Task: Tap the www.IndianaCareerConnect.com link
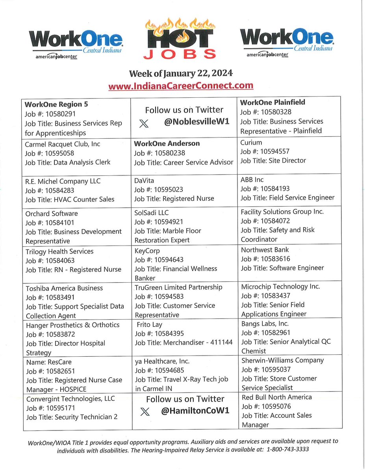181,86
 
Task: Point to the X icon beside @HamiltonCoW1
145,411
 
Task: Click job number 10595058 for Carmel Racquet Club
50,153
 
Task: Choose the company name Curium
251,142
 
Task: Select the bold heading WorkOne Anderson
167,143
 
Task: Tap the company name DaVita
145,180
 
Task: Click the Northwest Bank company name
265,250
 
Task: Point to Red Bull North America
276,397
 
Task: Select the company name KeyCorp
147,250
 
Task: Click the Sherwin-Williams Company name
282,360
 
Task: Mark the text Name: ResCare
49,362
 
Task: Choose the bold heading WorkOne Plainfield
272,102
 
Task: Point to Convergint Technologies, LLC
70,399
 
